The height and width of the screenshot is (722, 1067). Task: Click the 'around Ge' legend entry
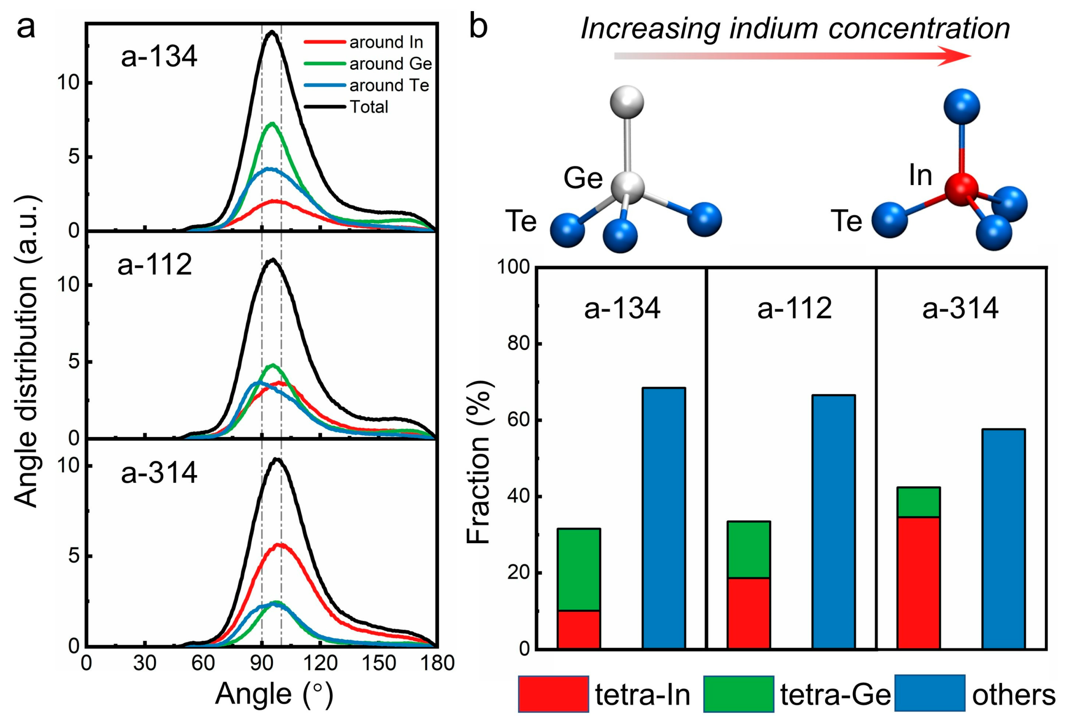[390, 64]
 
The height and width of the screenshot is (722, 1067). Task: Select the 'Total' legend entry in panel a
[369, 107]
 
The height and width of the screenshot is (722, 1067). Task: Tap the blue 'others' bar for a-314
[1004, 539]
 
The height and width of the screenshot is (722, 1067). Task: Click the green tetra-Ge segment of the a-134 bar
[579, 569]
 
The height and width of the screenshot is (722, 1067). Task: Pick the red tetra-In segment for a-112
[749, 613]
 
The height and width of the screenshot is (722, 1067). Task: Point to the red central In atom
[961, 189]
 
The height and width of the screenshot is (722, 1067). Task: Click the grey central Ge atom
[627, 188]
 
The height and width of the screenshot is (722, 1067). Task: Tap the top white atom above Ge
[627, 102]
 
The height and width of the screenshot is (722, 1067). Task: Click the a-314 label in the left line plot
[159, 473]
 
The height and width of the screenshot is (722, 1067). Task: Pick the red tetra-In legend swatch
[553, 693]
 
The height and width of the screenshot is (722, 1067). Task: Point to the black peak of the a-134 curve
[272, 32]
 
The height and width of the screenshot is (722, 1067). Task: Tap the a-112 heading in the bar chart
[794, 308]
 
